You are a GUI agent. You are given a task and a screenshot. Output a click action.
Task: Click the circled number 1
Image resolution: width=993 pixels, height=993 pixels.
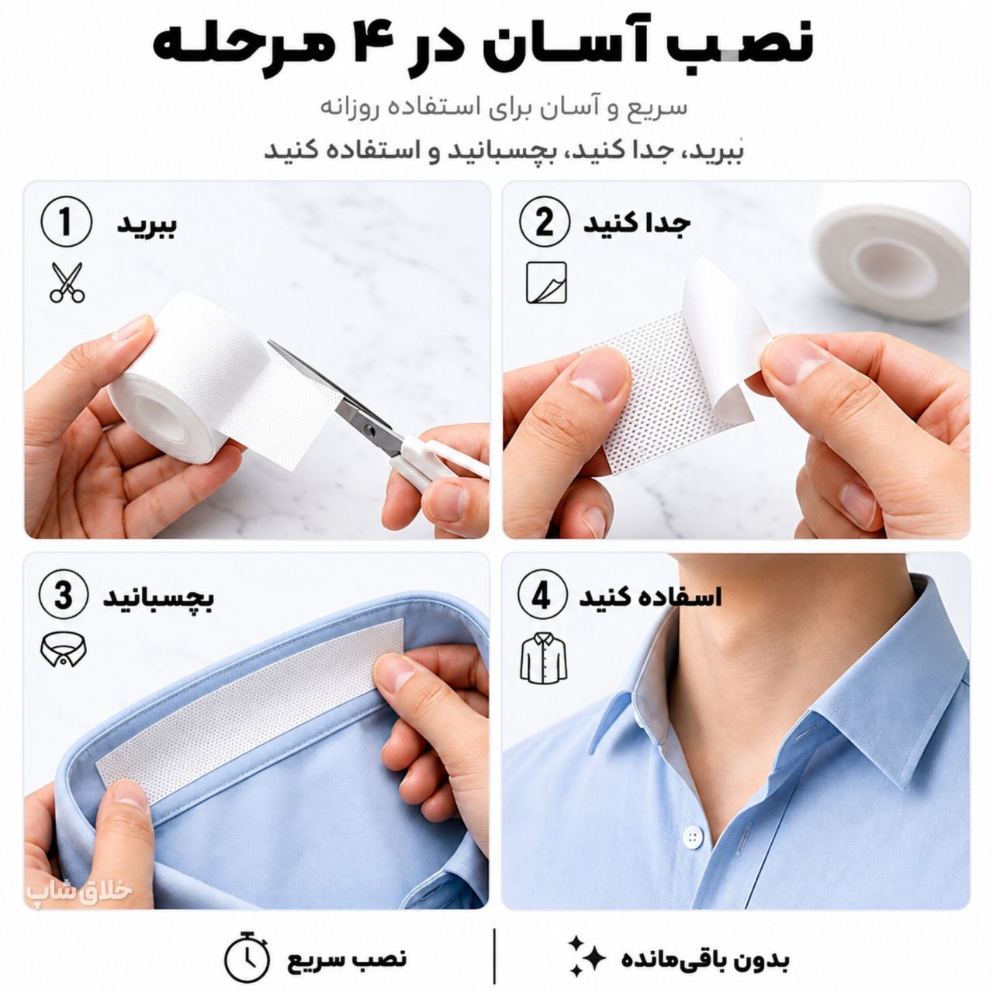tap(66, 223)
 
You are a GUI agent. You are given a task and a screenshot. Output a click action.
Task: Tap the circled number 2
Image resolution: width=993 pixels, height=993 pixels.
tap(545, 223)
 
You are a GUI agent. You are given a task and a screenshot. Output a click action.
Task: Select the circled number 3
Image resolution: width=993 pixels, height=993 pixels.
tap(64, 597)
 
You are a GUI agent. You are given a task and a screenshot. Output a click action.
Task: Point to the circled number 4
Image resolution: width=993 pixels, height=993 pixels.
tap(541, 597)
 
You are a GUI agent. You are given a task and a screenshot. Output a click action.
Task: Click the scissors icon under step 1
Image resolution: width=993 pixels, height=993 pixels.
tap(67, 282)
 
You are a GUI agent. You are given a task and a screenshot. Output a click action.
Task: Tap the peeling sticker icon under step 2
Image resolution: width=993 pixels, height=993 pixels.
tap(546, 282)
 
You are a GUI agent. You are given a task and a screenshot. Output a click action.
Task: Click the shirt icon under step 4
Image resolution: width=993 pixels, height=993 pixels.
tap(543, 658)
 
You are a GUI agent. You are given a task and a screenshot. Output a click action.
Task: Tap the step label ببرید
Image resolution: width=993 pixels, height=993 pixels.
tap(147, 225)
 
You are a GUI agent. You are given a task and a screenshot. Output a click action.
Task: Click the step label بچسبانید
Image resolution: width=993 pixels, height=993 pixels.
tap(158, 599)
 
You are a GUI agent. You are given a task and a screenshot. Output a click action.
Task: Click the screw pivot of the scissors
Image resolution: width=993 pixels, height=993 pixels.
tap(368, 428)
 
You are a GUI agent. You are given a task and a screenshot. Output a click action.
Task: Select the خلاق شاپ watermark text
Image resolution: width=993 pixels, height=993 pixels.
tap(80, 891)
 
